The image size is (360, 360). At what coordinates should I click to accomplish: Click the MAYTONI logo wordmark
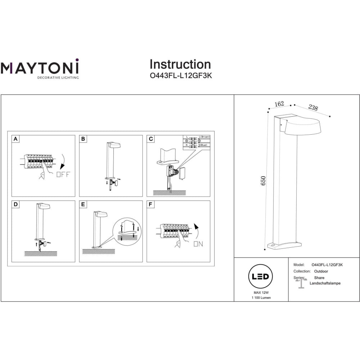point(40,68)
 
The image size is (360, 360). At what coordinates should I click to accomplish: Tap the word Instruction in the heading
point(180,64)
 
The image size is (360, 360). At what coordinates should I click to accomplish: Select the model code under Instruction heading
point(180,76)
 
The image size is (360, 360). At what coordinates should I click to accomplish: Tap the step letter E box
point(83,204)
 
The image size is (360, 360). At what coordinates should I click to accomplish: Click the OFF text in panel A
point(64,175)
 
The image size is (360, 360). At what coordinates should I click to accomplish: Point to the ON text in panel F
point(198,244)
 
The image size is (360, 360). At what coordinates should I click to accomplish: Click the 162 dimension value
point(279,104)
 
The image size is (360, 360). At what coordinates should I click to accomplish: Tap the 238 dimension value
point(313,108)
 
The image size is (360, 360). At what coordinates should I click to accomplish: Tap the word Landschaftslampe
point(325,283)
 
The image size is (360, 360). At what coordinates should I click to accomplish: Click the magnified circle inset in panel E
point(128,232)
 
